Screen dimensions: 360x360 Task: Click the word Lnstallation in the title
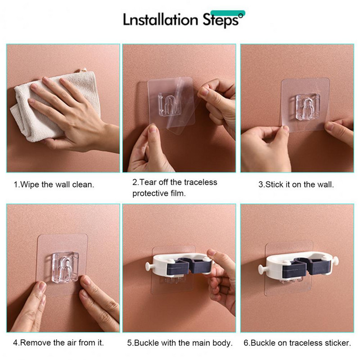[161, 19]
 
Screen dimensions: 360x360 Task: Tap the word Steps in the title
[221, 20]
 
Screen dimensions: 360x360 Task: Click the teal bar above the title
[228, 13]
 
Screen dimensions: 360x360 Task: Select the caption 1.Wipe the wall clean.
[54, 184]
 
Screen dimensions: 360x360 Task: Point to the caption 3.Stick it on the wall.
[296, 184]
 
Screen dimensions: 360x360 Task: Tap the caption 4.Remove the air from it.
[58, 343]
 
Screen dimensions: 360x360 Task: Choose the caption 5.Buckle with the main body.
[180, 343]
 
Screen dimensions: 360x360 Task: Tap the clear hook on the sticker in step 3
[307, 107]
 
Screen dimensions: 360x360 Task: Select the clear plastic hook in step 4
[65, 267]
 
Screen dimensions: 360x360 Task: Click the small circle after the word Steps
[241, 16]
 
